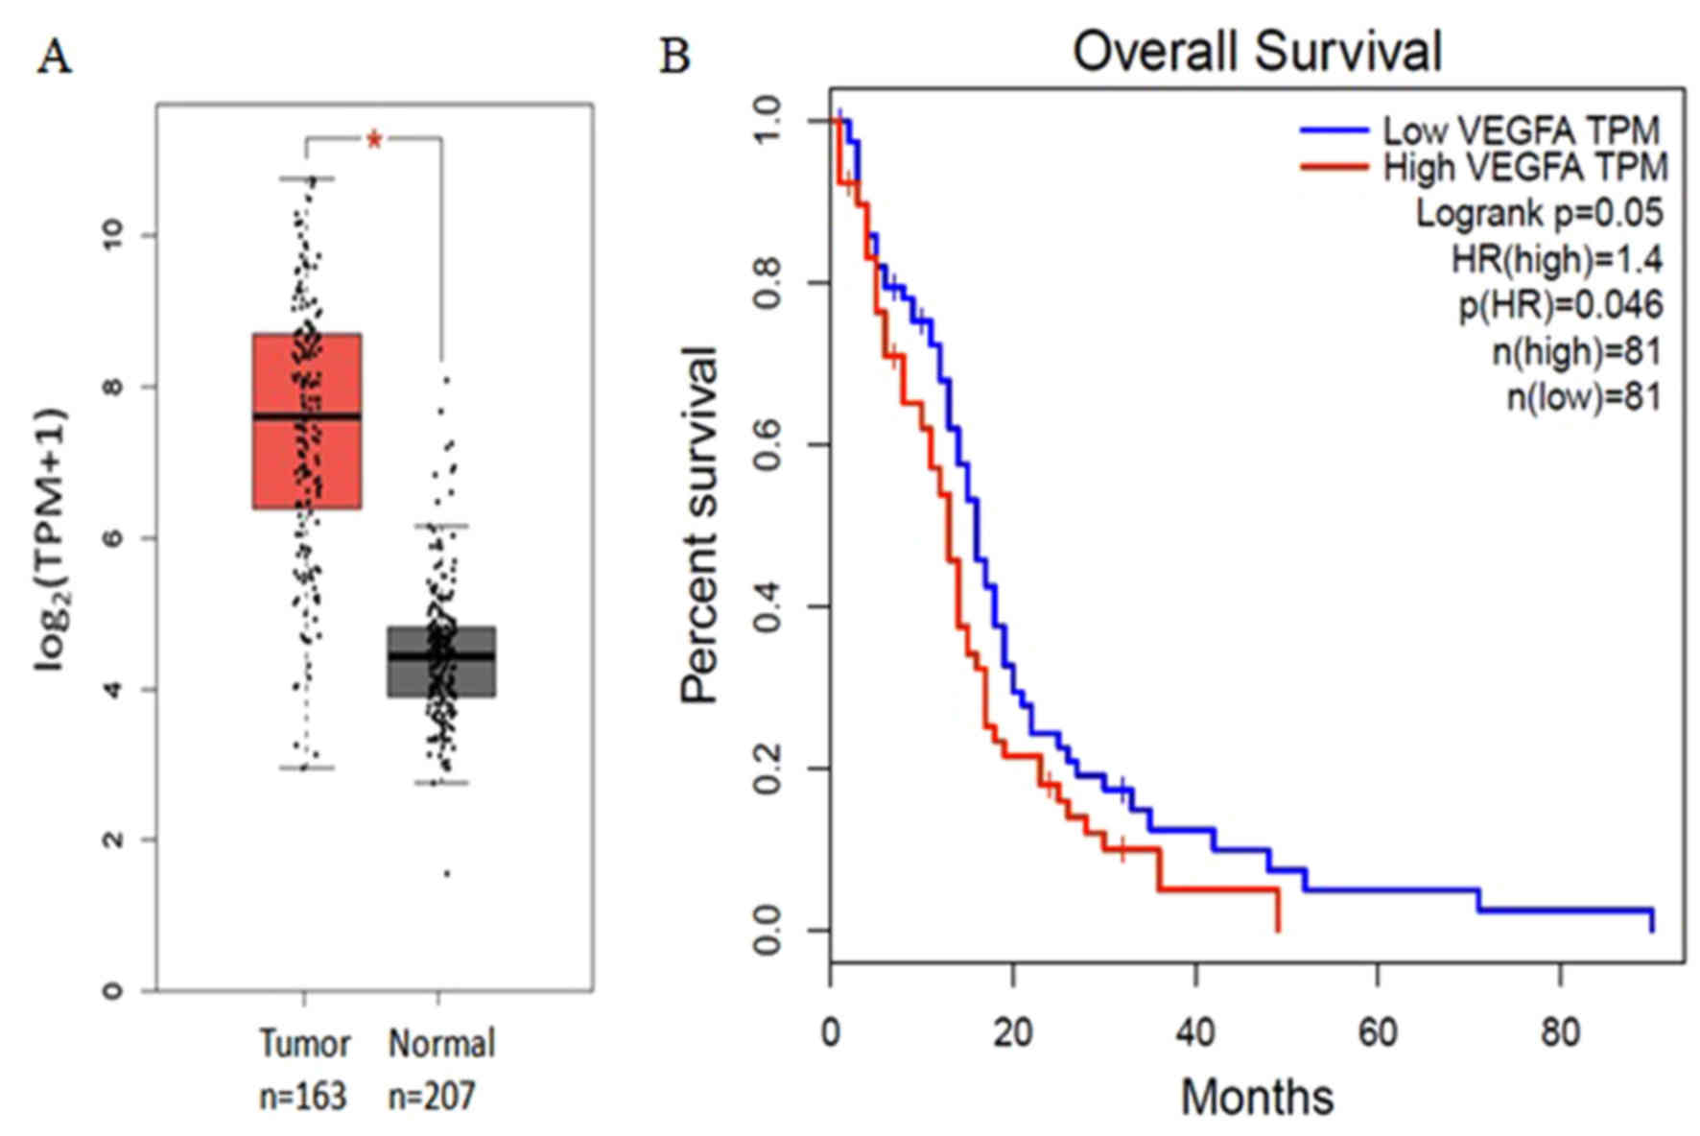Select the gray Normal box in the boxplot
click(x=441, y=661)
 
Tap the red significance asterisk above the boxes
click(x=374, y=142)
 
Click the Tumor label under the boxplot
click(x=305, y=1043)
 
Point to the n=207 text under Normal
click(x=432, y=1095)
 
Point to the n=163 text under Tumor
click(x=303, y=1095)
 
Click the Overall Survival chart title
click(x=1257, y=52)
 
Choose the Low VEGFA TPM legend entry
click(x=1520, y=130)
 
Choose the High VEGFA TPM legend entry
click(x=1525, y=168)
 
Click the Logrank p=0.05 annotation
click(x=1539, y=213)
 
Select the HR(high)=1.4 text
click(x=1556, y=259)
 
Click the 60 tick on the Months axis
click(x=1378, y=1032)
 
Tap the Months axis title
click(x=1257, y=1096)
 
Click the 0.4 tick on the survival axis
click(x=767, y=606)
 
